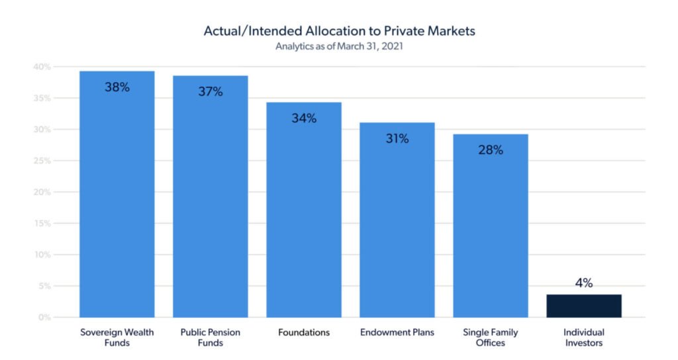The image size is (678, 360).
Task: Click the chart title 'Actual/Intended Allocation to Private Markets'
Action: tap(339, 31)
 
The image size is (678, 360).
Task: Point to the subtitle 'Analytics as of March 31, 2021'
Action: tap(339, 46)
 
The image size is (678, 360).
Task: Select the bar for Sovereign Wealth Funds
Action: tap(117, 199)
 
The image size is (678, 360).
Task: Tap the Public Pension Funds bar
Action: tap(210, 199)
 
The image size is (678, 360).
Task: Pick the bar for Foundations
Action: tap(304, 212)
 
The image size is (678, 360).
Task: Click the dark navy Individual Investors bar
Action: tap(584, 306)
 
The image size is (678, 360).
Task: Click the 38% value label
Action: tap(117, 87)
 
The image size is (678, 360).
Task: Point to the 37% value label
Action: tap(210, 91)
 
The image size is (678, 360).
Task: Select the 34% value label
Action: tap(304, 118)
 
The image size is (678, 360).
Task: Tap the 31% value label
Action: tap(397, 139)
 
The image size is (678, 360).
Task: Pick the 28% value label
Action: tap(491, 150)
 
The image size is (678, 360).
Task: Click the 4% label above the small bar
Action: tap(584, 283)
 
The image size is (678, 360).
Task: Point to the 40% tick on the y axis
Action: tap(42, 67)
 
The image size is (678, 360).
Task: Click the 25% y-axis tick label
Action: tap(42, 161)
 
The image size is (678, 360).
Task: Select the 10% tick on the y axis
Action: tap(42, 255)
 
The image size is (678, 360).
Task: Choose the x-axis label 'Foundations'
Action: tap(304, 332)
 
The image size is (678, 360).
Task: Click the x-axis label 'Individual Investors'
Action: tap(584, 337)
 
